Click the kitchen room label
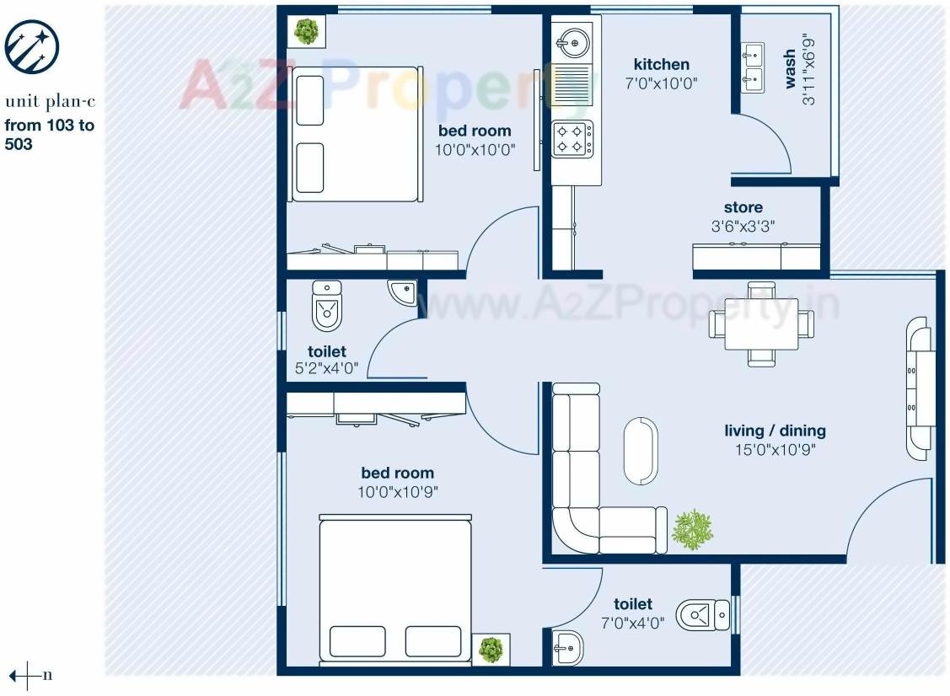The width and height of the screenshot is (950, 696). point(661,65)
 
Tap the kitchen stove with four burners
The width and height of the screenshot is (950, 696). point(572,139)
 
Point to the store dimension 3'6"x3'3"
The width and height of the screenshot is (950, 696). point(743,226)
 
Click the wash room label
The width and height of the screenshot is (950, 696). point(790,69)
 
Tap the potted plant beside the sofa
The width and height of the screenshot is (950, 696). point(692,530)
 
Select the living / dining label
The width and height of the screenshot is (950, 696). point(775,431)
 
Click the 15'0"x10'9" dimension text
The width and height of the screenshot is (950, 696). point(775,449)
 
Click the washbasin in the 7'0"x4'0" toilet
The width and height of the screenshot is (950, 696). point(568,648)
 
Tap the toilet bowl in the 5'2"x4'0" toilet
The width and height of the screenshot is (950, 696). point(327,306)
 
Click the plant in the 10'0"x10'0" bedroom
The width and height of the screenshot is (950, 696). point(306,32)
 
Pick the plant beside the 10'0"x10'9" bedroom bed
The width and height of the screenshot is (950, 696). point(491,650)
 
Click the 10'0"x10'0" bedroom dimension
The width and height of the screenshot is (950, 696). point(475,149)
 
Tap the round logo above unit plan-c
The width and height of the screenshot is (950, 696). point(32,46)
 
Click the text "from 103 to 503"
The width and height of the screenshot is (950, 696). point(50,135)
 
